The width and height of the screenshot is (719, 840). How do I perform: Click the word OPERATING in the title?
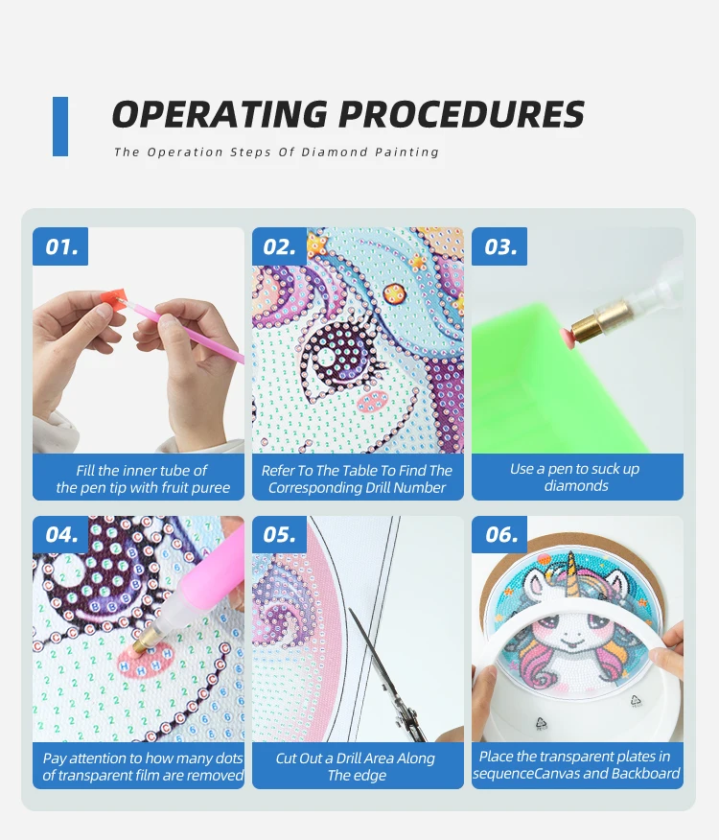[x=220, y=114]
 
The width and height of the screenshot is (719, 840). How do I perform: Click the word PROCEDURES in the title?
[x=461, y=114]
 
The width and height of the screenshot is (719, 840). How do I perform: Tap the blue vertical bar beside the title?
[x=60, y=127]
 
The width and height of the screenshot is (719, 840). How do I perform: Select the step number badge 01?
[x=60, y=246]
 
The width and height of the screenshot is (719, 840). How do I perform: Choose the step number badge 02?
[x=280, y=246]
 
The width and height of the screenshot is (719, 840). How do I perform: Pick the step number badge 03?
[x=499, y=246]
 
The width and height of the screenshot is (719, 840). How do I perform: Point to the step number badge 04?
[x=60, y=534]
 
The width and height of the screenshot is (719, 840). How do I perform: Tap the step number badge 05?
[x=280, y=534]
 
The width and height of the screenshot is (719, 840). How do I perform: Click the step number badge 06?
[x=499, y=534]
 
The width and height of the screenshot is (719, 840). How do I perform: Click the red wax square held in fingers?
[x=114, y=296]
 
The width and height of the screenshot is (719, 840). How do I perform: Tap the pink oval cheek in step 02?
[x=372, y=400]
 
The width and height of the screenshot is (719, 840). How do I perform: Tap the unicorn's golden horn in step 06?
[x=572, y=576]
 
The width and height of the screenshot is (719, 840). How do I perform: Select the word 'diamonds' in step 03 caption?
[x=576, y=486]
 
